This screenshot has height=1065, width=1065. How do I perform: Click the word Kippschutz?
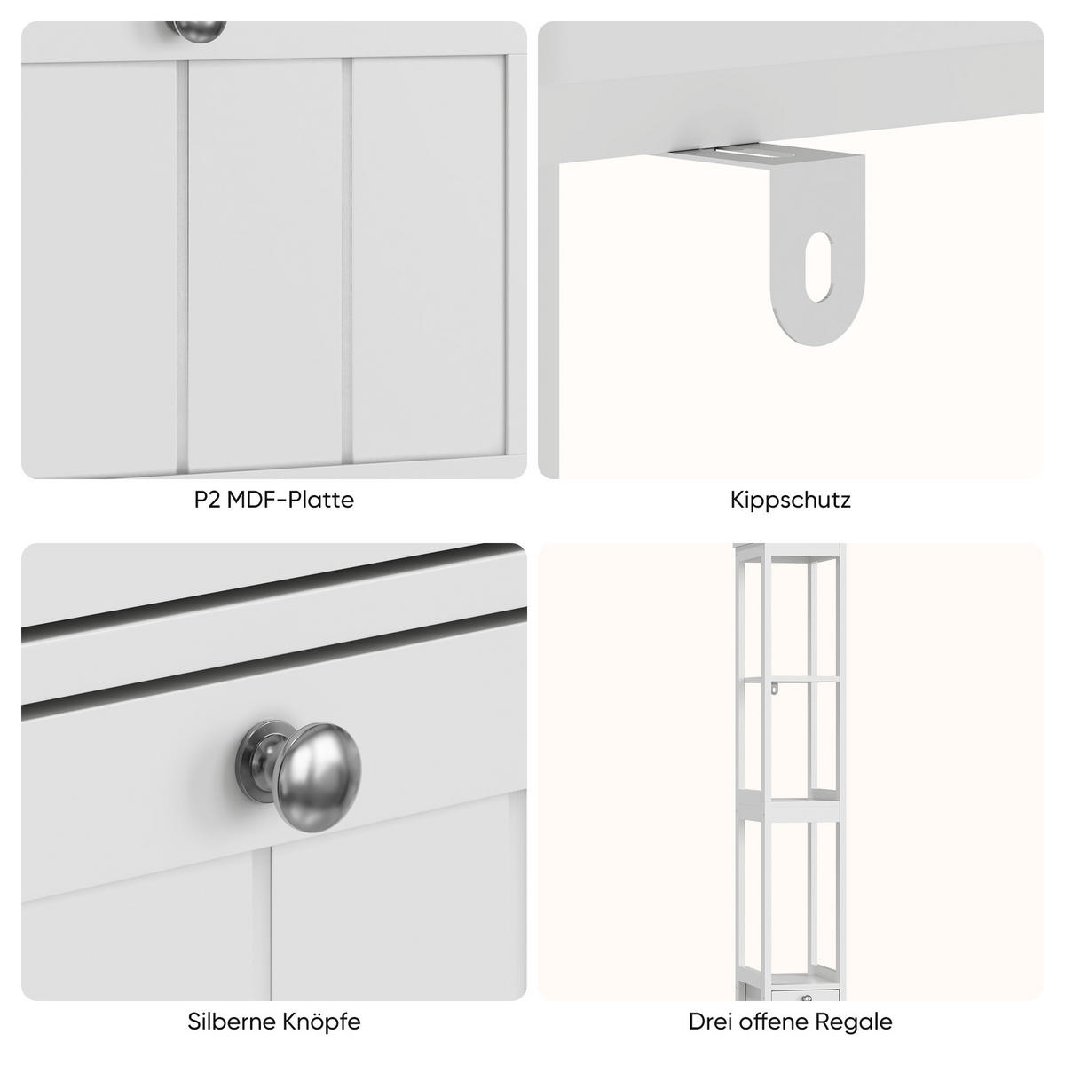[790, 500]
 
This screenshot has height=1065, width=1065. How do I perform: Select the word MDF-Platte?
[290, 500]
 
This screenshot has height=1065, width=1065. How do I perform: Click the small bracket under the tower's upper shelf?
[775, 686]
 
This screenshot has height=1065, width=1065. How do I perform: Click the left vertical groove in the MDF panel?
[183, 262]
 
